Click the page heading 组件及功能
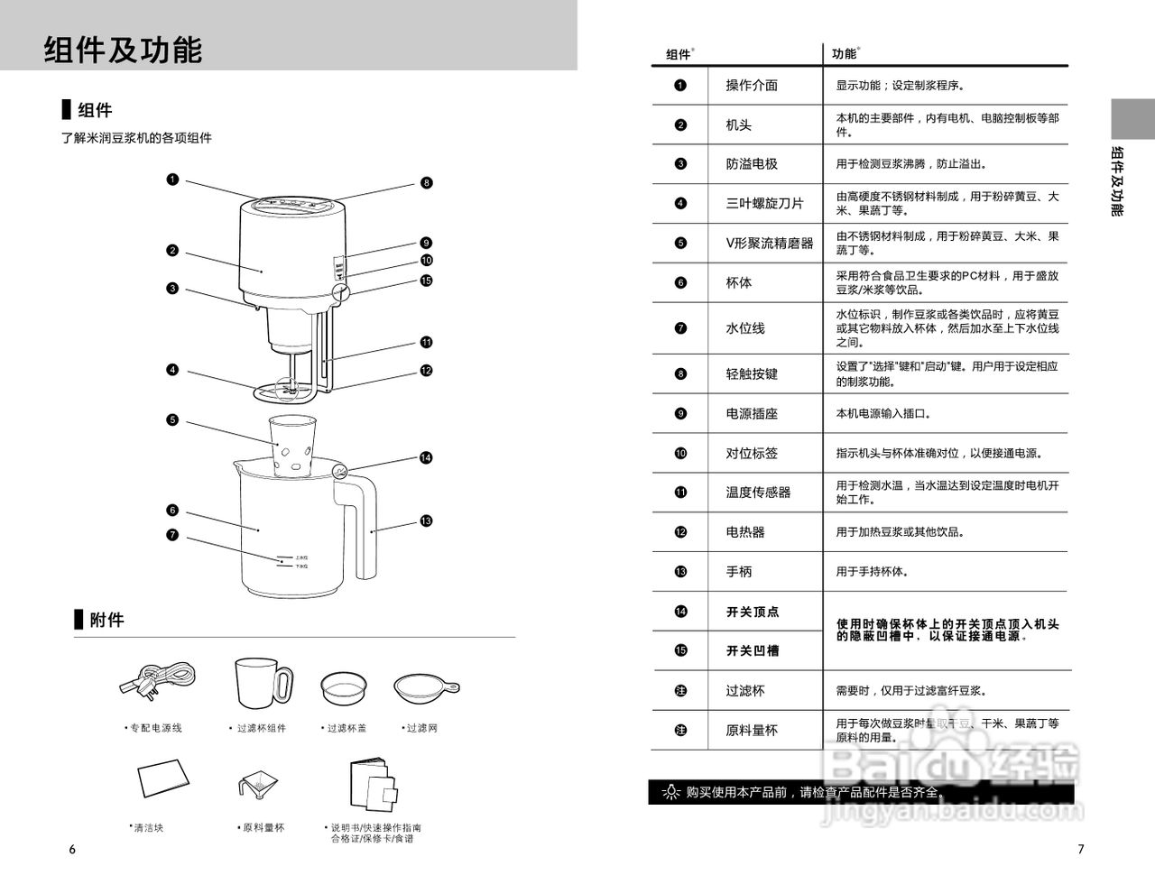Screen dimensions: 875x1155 pyautogui.click(x=124, y=50)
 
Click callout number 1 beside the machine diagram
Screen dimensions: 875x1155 pyautogui.click(x=171, y=179)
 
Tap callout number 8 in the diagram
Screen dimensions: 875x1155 pyautogui.click(x=426, y=182)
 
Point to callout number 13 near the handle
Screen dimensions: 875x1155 pyautogui.click(x=426, y=520)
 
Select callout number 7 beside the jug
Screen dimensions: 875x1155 pyautogui.click(x=171, y=535)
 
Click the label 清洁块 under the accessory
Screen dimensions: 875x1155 pyautogui.click(x=147, y=827)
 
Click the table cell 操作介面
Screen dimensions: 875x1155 pyautogui.click(x=752, y=86)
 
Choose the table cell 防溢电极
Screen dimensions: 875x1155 pyautogui.click(x=752, y=164)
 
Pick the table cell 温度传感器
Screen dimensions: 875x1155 pyautogui.click(x=758, y=493)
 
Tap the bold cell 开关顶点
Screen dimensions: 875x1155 pyautogui.click(x=753, y=612)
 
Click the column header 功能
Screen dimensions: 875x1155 pyautogui.click(x=844, y=54)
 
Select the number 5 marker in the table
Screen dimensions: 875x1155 pyautogui.click(x=680, y=243)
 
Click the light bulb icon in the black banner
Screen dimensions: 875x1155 pyautogui.click(x=670, y=793)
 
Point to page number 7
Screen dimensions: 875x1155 pyautogui.click(x=1081, y=849)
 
